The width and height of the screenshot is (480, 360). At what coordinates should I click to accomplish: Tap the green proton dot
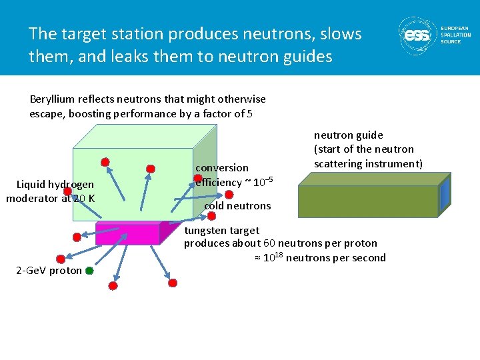(89, 271)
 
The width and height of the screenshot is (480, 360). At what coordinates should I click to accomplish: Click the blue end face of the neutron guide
(445, 200)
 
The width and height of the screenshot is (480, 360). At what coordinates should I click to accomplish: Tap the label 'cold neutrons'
(237, 206)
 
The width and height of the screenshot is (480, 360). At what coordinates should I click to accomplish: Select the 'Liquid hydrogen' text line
(55, 184)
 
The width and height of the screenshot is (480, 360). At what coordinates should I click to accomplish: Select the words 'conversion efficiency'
(221, 175)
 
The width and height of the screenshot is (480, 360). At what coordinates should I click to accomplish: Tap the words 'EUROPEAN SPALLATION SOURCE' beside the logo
(456, 35)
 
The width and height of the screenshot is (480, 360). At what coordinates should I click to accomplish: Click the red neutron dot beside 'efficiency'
(198, 178)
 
